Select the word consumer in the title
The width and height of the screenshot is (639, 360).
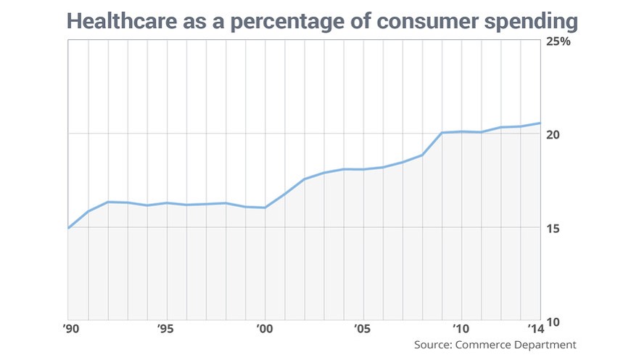[x=438, y=22]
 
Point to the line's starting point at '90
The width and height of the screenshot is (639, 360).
[x=68, y=228]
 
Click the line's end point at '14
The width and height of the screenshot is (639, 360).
[x=540, y=123]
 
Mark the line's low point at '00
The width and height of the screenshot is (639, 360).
[x=265, y=208]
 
